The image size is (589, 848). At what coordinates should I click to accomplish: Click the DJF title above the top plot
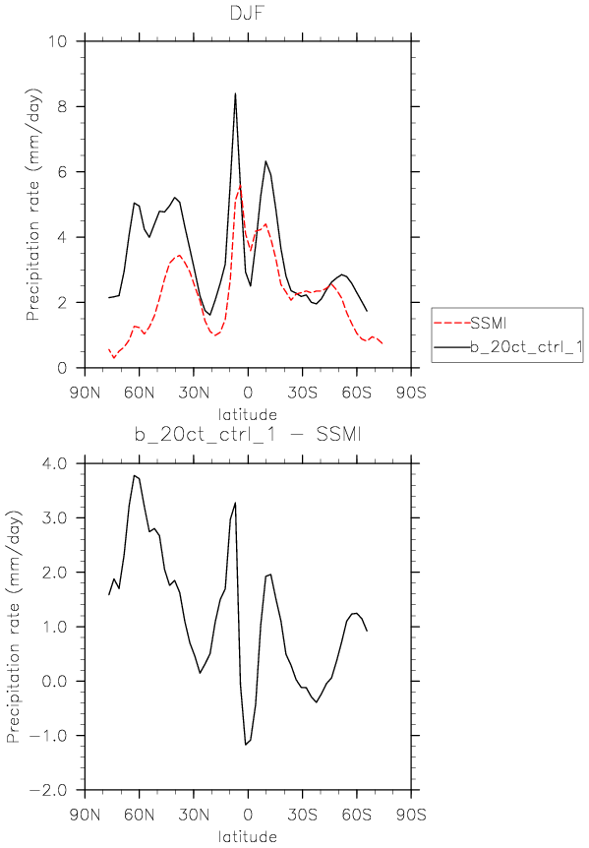248,12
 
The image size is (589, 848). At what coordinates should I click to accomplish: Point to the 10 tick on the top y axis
56,41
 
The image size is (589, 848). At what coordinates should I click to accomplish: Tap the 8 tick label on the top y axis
62,106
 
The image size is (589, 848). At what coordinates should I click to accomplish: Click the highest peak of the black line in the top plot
235,93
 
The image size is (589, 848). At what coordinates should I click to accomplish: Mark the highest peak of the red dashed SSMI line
240,186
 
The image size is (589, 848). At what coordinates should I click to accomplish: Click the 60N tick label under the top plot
139,393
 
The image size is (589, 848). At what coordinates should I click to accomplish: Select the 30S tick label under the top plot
302,393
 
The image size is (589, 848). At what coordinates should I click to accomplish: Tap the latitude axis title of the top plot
248,415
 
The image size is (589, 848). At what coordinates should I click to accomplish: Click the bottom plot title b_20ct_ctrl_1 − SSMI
248,434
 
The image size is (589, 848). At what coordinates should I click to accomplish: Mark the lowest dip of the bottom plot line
245,745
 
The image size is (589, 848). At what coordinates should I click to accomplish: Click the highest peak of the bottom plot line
134,475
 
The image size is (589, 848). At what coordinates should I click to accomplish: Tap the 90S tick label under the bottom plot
411,815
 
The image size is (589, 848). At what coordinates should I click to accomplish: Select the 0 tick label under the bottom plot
248,815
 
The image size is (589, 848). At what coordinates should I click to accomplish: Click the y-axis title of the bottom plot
14,627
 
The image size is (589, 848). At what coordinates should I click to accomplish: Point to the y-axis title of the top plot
33,205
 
